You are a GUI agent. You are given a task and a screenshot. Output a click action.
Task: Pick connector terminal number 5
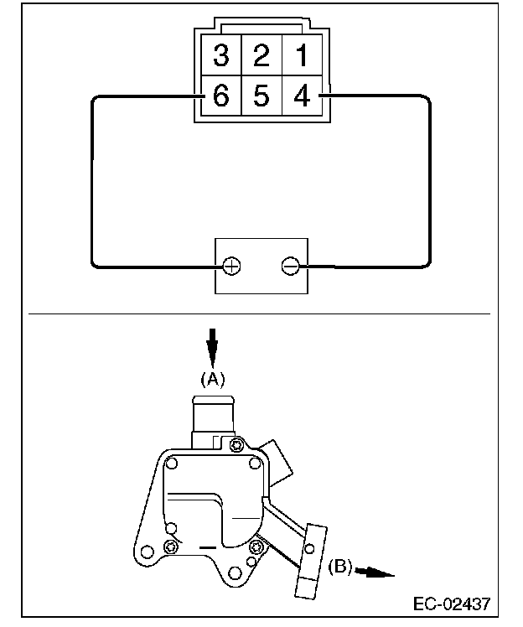(x=261, y=96)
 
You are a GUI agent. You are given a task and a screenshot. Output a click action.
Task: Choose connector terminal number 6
(x=221, y=96)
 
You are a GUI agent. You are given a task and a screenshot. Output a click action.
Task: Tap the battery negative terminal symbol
(x=291, y=267)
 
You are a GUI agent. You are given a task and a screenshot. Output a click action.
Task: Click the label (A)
(x=213, y=378)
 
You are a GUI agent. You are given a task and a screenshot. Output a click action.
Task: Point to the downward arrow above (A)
(x=213, y=345)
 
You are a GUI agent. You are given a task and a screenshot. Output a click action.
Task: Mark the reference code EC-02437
(x=451, y=603)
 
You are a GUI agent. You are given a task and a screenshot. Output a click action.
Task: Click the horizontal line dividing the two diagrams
(x=260, y=313)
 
